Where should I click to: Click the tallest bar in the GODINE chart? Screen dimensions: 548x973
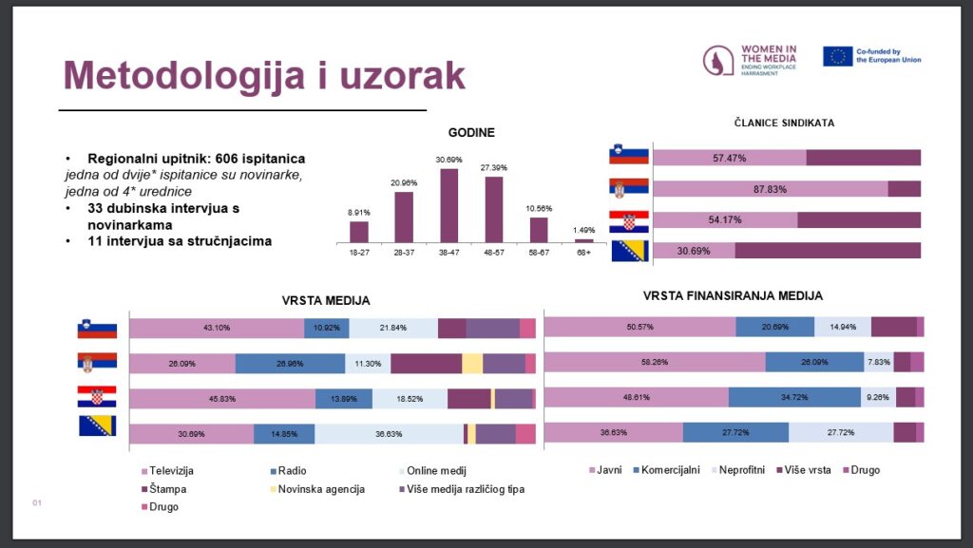pos(449,206)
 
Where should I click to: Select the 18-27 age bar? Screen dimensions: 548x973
pos(359,232)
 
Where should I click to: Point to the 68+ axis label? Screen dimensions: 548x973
pos(583,254)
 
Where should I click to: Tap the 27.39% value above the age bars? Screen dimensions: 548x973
pos(493,168)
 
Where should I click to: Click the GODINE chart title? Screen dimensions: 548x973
pos(471,133)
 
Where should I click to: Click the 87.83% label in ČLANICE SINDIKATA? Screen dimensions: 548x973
pos(771,189)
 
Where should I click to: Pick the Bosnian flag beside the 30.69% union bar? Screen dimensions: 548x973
pos(628,251)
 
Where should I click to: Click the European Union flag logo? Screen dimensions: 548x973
pos(837,56)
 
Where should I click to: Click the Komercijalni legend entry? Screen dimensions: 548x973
pos(667,470)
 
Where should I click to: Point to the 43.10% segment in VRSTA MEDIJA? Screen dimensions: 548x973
pos(216,329)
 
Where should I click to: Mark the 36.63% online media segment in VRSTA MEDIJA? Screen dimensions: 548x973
pos(388,434)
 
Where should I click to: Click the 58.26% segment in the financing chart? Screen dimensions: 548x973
pos(654,362)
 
